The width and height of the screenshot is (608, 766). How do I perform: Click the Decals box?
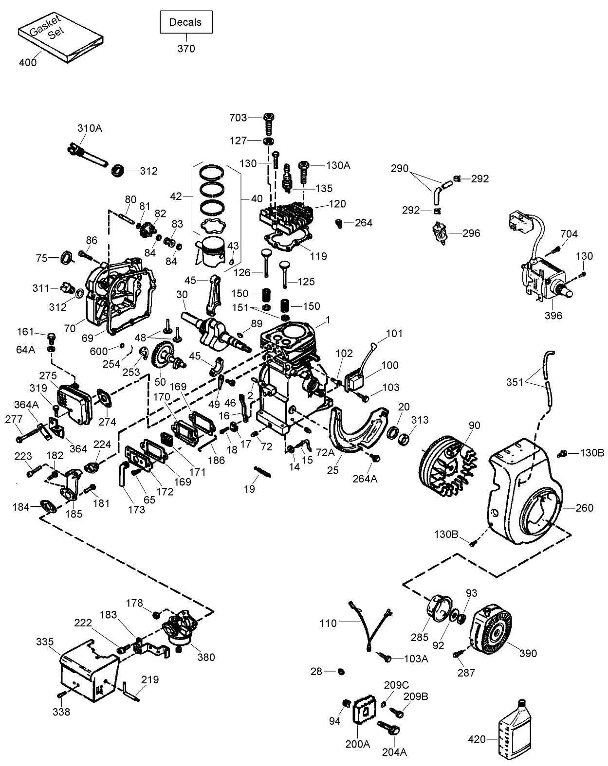pyautogui.click(x=186, y=22)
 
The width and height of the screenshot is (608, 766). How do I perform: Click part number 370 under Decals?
pyautogui.click(x=186, y=48)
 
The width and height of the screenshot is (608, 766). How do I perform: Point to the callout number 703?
pyautogui.click(x=238, y=117)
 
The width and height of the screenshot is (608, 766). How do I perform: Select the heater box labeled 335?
pyautogui.click(x=87, y=671)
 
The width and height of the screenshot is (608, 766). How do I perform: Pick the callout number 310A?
pyautogui.click(x=90, y=128)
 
